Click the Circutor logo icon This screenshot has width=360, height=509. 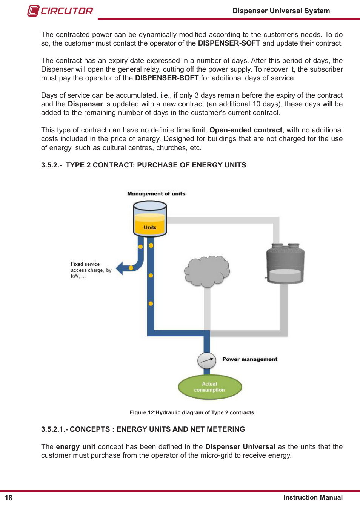click(x=33, y=11)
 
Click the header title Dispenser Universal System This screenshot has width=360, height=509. click(x=281, y=11)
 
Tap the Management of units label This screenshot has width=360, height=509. click(x=156, y=193)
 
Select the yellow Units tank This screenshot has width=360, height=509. click(x=150, y=219)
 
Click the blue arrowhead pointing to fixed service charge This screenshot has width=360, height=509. click(x=120, y=268)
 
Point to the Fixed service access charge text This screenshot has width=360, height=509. click(x=91, y=270)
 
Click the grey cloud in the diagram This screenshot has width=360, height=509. click(x=207, y=271)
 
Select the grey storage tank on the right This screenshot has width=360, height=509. click(x=285, y=264)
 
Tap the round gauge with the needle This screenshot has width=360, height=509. click(x=207, y=360)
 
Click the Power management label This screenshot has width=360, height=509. click(x=250, y=359)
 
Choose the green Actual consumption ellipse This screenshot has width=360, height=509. click(x=210, y=387)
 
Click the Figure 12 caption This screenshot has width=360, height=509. click(x=192, y=412)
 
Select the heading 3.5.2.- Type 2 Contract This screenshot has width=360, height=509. click(x=143, y=165)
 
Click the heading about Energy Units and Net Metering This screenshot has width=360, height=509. click(x=143, y=429)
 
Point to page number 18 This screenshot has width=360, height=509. click(x=9, y=498)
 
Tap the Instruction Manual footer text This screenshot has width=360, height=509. click(x=313, y=497)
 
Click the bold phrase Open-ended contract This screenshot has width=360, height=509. click(x=246, y=130)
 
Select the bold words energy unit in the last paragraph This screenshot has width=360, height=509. click(x=76, y=447)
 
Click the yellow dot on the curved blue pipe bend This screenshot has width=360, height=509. click(x=131, y=268)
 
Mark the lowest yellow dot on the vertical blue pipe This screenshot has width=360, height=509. click(x=151, y=304)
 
